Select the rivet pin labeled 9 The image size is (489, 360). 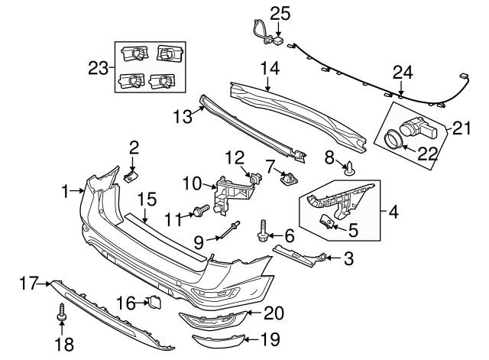[x=230, y=229]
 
